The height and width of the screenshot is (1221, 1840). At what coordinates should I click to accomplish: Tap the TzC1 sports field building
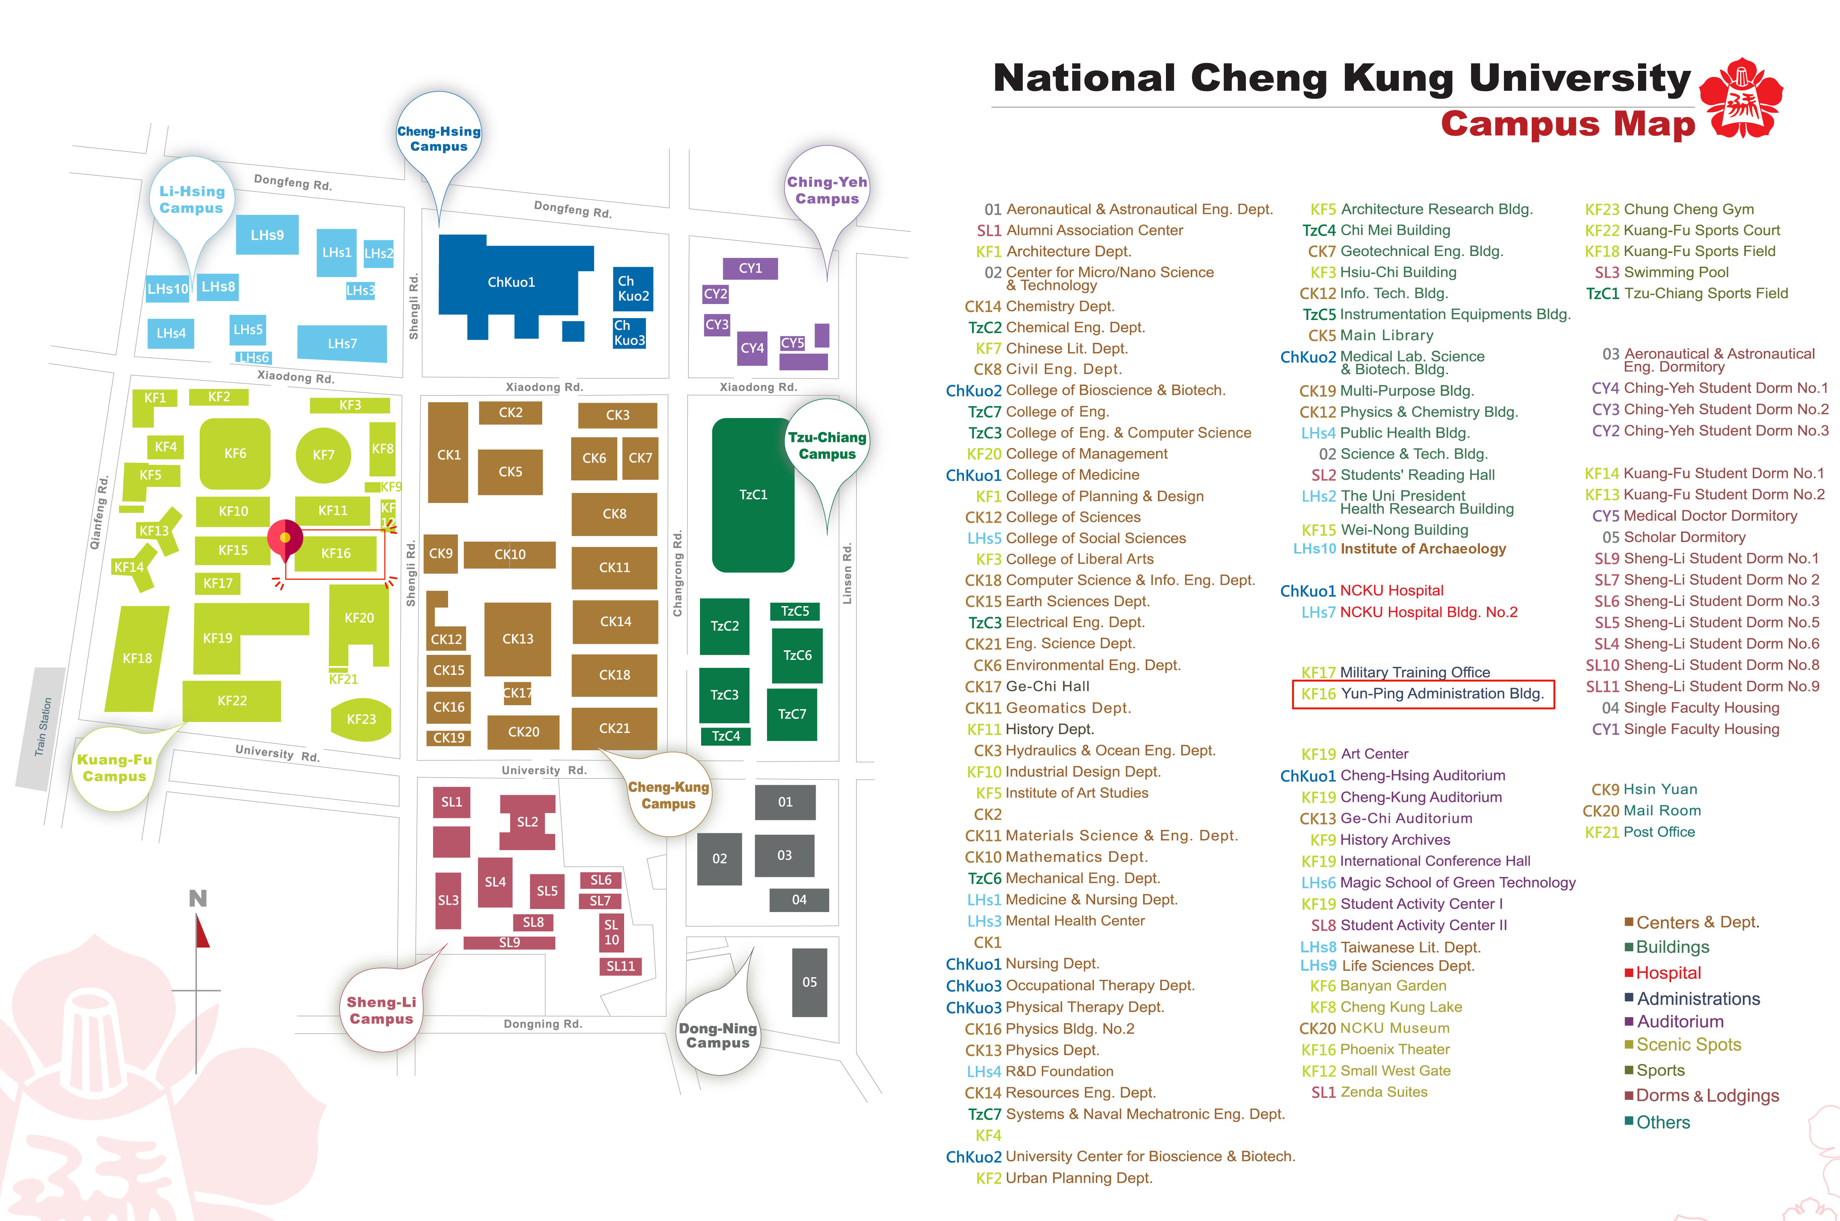(753, 494)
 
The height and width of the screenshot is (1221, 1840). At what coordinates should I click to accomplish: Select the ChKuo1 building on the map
(511, 282)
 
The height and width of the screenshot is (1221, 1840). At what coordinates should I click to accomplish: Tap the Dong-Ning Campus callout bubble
(717, 1036)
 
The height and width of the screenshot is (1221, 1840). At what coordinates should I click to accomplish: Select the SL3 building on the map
(448, 900)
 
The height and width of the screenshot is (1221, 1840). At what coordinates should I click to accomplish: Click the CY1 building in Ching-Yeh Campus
(750, 268)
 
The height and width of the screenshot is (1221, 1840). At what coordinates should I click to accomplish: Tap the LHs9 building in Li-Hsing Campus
(267, 234)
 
